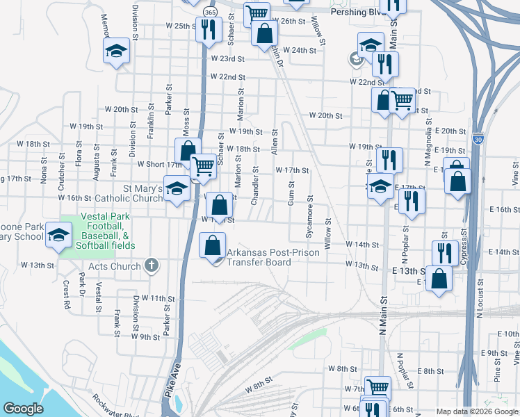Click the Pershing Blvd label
(x=357, y=13)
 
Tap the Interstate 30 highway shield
(x=476, y=138)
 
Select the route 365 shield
(x=211, y=13)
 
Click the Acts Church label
(x=115, y=266)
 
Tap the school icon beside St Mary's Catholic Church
(x=177, y=190)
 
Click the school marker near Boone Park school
(x=59, y=235)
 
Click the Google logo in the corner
(x=24, y=409)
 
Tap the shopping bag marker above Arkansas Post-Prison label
(x=220, y=205)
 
